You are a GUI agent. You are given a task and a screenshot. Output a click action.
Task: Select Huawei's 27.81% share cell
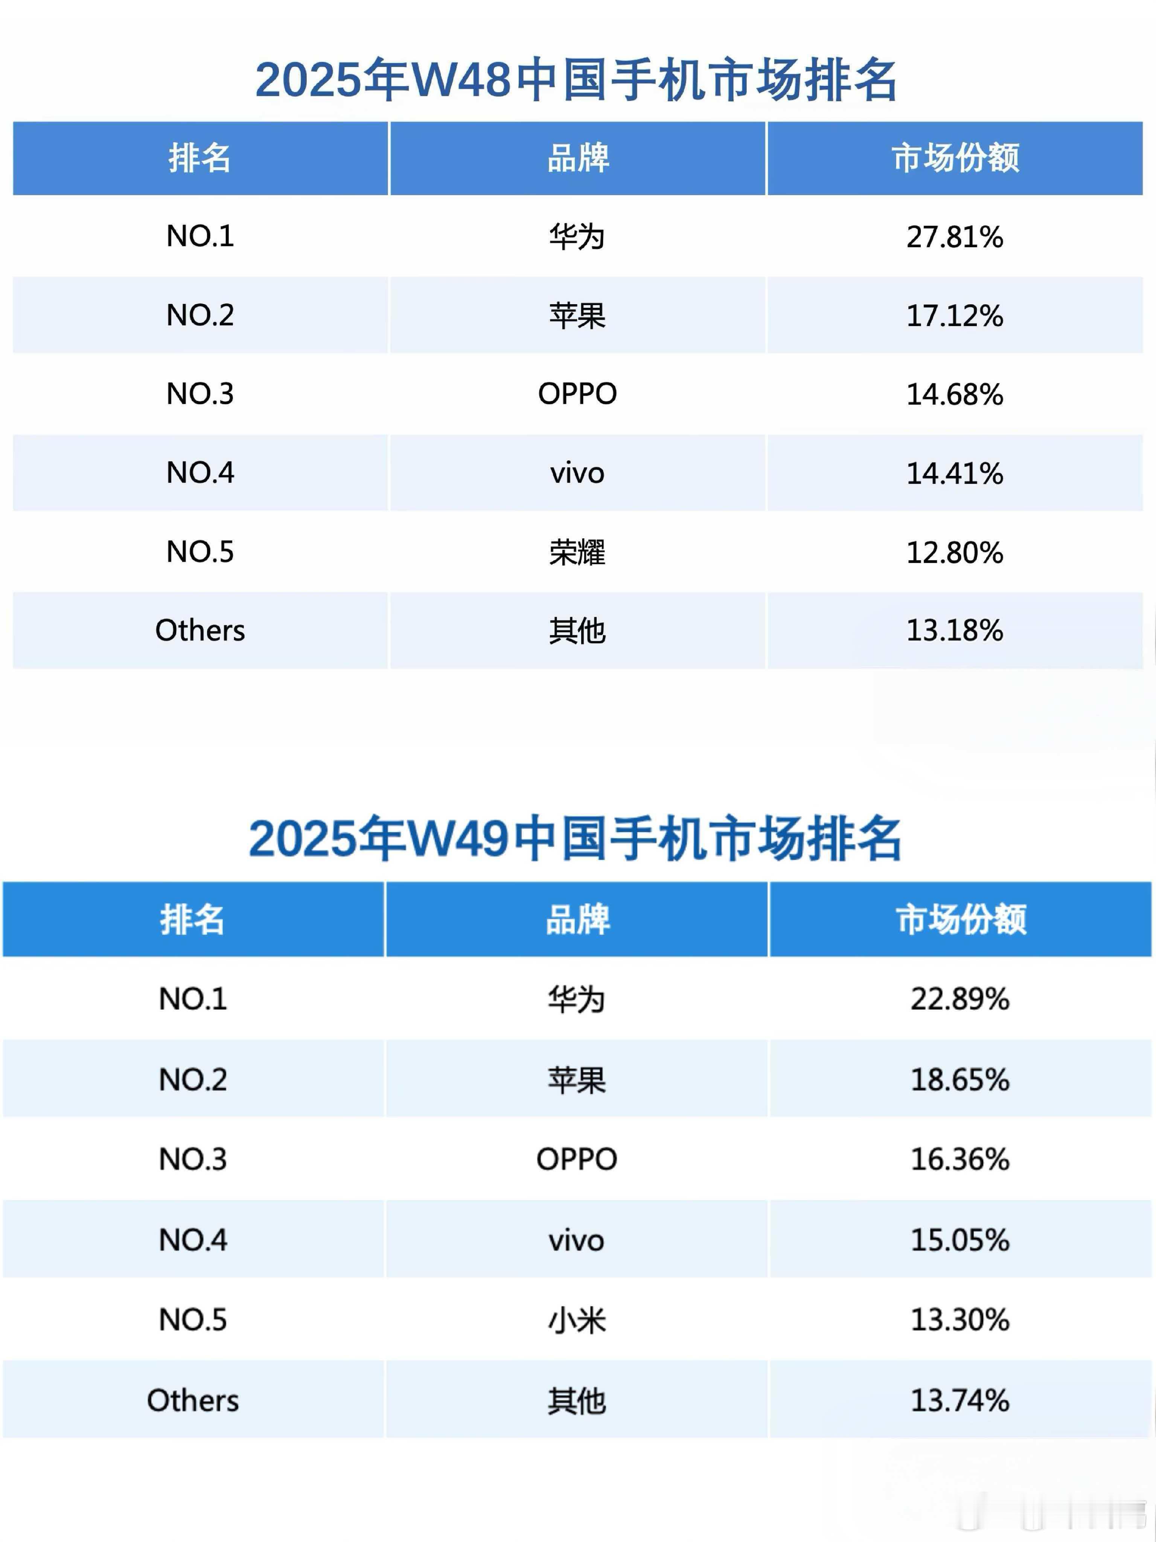pyautogui.click(x=955, y=237)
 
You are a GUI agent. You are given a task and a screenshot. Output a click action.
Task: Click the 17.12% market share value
pyautogui.click(x=955, y=316)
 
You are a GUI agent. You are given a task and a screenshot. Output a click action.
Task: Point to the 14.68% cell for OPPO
pyautogui.click(x=955, y=395)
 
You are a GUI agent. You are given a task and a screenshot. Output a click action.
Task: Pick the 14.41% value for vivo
pyautogui.click(x=955, y=473)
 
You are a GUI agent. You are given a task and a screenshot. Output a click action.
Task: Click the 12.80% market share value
pyautogui.click(x=955, y=553)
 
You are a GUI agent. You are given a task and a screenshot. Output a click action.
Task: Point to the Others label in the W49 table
pyautogui.click(x=193, y=1400)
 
